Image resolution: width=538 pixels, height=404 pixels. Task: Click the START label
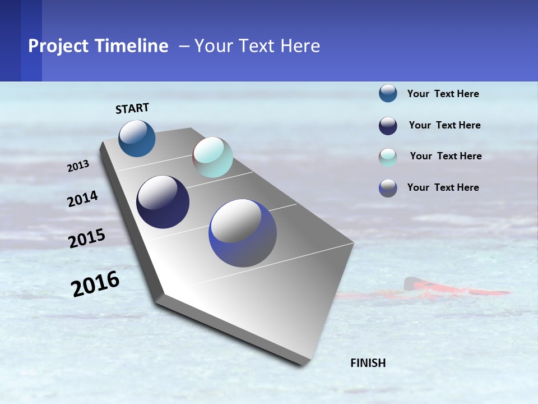pos(132,108)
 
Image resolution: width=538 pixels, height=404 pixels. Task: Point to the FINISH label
pos(368,363)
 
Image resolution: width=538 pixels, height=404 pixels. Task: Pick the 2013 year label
pos(78,166)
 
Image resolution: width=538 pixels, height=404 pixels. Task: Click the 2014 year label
pos(82,199)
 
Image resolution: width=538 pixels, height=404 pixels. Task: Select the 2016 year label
pos(95,283)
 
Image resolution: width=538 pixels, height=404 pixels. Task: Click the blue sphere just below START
pos(137,138)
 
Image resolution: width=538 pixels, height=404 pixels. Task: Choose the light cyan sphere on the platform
pos(212,157)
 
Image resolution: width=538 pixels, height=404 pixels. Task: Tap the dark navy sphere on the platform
pos(163,202)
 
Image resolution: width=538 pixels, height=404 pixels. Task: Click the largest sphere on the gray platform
pos(243,233)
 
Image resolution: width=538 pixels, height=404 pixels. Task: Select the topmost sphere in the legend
pos(388,94)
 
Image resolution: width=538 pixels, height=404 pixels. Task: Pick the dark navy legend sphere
pos(388,126)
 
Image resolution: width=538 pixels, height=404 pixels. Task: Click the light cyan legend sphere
pos(388,157)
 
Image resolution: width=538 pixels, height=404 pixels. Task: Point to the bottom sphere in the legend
pos(388,188)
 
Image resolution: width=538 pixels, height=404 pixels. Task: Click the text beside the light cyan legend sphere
pos(446,156)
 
